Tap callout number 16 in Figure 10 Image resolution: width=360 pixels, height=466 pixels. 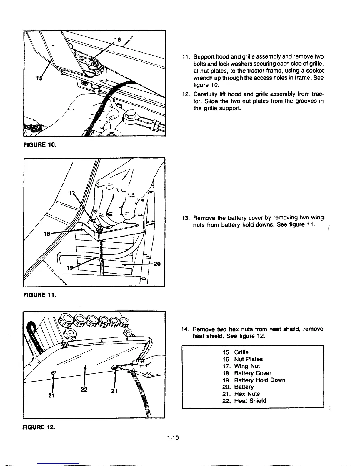coord(117,40)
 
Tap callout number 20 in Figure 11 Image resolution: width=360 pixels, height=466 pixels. coord(157,264)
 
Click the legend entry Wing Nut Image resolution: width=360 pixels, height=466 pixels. coord(247,366)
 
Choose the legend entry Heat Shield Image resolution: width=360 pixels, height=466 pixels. coord(250,401)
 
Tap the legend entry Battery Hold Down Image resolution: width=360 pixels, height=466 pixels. coord(259,380)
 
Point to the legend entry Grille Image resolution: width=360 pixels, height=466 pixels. coord(241,352)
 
